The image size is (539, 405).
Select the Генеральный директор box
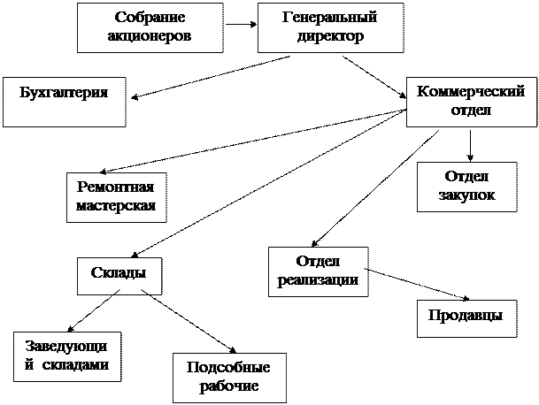click(x=330, y=27)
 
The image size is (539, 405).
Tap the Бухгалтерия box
click(x=63, y=102)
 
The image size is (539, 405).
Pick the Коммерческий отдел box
click(x=472, y=102)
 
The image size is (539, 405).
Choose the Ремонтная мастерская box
click(x=117, y=196)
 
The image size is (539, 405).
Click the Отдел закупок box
click(x=466, y=186)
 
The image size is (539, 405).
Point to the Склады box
click(x=119, y=276)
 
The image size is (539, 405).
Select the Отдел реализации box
click(x=317, y=271)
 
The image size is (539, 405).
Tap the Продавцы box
click(x=466, y=317)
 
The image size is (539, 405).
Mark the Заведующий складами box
click(x=67, y=355)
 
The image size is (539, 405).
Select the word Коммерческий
click(x=471, y=92)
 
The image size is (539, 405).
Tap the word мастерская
click(x=117, y=207)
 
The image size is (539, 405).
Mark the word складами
click(x=79, y=364)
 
